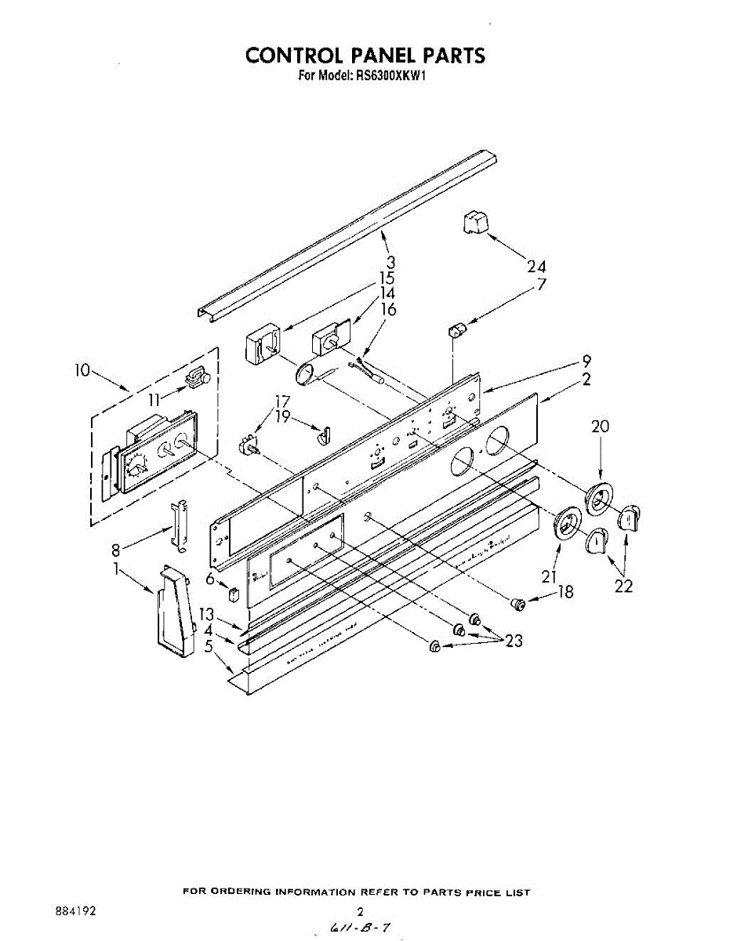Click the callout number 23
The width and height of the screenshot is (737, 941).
coord(514,641)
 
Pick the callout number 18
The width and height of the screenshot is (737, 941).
coord(565,592)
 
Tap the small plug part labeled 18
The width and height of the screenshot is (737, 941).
coord(517,603)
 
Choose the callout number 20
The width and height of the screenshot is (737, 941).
coord(601,427)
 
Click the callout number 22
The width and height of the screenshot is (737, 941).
coord(623,586)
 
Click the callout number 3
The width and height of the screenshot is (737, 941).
coord(390,262)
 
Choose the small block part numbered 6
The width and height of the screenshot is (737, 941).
coord(231,593)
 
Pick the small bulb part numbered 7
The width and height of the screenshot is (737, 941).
coord(456,329)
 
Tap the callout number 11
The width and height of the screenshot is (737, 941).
coord(156,399)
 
